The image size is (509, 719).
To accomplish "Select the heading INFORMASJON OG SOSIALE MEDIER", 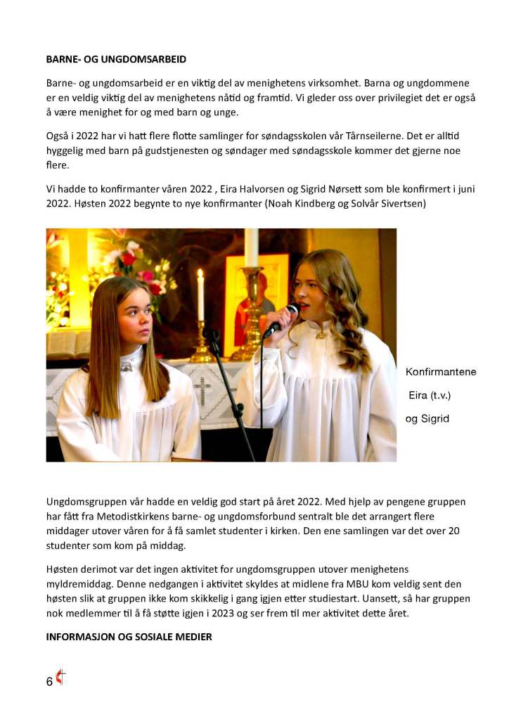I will click(x=128, y=637).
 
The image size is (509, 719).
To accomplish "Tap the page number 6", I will click(x=49, y=682).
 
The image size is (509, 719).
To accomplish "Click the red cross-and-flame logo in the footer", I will click(x=61, y=678).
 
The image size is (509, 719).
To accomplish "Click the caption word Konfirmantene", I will click(x=441, y=372).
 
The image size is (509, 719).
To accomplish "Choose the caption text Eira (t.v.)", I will click(x=430, y=395).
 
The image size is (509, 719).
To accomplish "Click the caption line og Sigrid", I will click(x=427, y=419).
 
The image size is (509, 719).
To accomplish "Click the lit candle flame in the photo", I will click(x=200, y=274).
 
